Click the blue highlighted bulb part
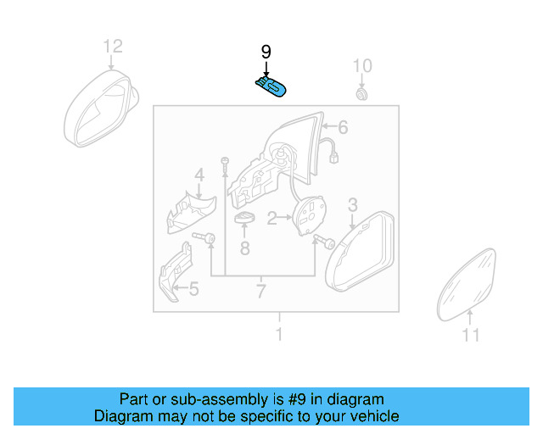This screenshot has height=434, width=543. click(x=271, y=86)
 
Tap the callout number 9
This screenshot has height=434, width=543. click(x=266, y=53)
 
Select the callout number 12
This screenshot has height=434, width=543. click(x=113, y=46)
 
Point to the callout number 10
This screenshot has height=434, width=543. click(x=362, y=66)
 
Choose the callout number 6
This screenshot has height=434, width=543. click(x=343, y=128)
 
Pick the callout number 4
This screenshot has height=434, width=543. click(x=199, y=175)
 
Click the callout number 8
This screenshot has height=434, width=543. click(x=244, y=248)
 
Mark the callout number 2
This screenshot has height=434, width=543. click(x=271, y=219)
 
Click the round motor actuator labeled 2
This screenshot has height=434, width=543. click(x=309, y=213)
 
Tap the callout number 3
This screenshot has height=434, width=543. click(x=352, y=203)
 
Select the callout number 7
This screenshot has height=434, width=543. click(x=261, y=292)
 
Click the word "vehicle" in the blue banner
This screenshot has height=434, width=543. click(x=372, y=416)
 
